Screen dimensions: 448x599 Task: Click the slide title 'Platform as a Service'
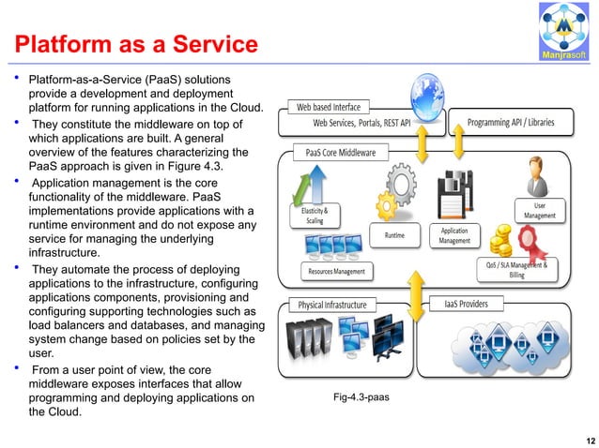(x=132, y=44)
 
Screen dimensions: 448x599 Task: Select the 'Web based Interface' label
(x=329, y=107)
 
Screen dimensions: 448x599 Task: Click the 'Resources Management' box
(x=337, y=272)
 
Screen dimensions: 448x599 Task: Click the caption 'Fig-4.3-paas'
(x=361, y=397)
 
